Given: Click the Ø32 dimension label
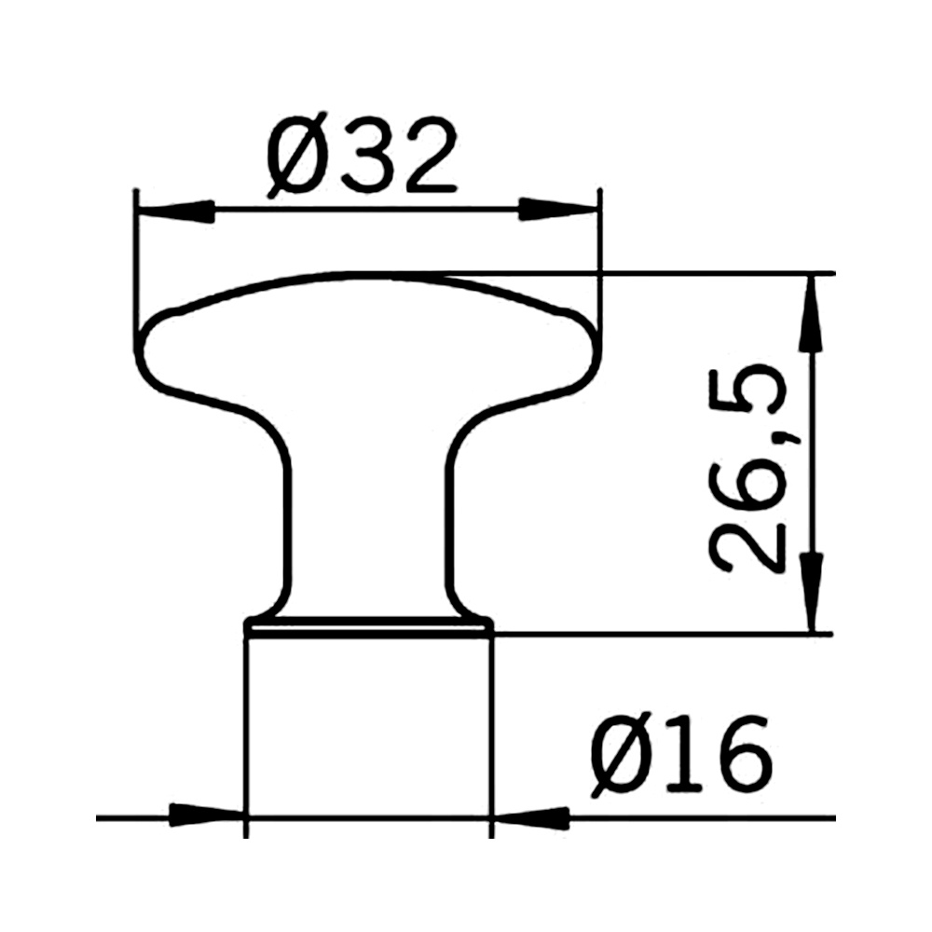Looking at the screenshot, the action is [363, 155].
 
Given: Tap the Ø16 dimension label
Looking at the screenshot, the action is [680, 754].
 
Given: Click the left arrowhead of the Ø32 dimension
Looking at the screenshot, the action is [175, 211].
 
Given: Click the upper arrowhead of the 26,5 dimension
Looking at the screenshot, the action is [813, 313].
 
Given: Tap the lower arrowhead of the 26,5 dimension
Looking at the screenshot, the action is [813, 592].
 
